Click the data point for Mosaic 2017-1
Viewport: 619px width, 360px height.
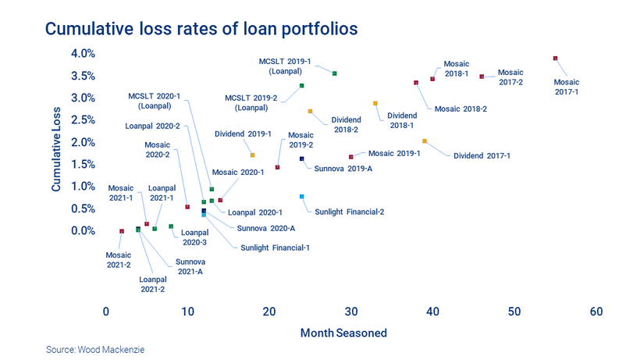(x=555, y=58)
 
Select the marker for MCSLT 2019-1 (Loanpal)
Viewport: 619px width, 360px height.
(x=334, y=73)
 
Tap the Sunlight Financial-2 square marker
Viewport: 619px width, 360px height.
(x=302, y=196)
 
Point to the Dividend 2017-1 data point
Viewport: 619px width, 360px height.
(x=425, y=141)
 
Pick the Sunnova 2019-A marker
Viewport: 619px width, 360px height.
(x=302, y=159)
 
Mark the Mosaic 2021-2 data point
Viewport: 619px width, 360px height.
(x=122, y=231)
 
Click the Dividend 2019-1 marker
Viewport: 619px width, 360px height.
(x=252, y=155)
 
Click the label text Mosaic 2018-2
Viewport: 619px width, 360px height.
(x=461, y=109)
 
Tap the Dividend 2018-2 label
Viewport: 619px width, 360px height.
(x=345, y=125)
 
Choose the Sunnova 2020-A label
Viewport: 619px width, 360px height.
(x=265, y=228)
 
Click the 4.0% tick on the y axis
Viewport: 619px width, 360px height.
(x=84, y=54)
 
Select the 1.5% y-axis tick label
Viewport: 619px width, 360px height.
(x=84, y=164)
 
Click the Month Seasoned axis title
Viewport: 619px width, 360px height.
(x=343, y=333)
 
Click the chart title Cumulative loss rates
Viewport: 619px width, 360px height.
(x=202, y=29)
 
